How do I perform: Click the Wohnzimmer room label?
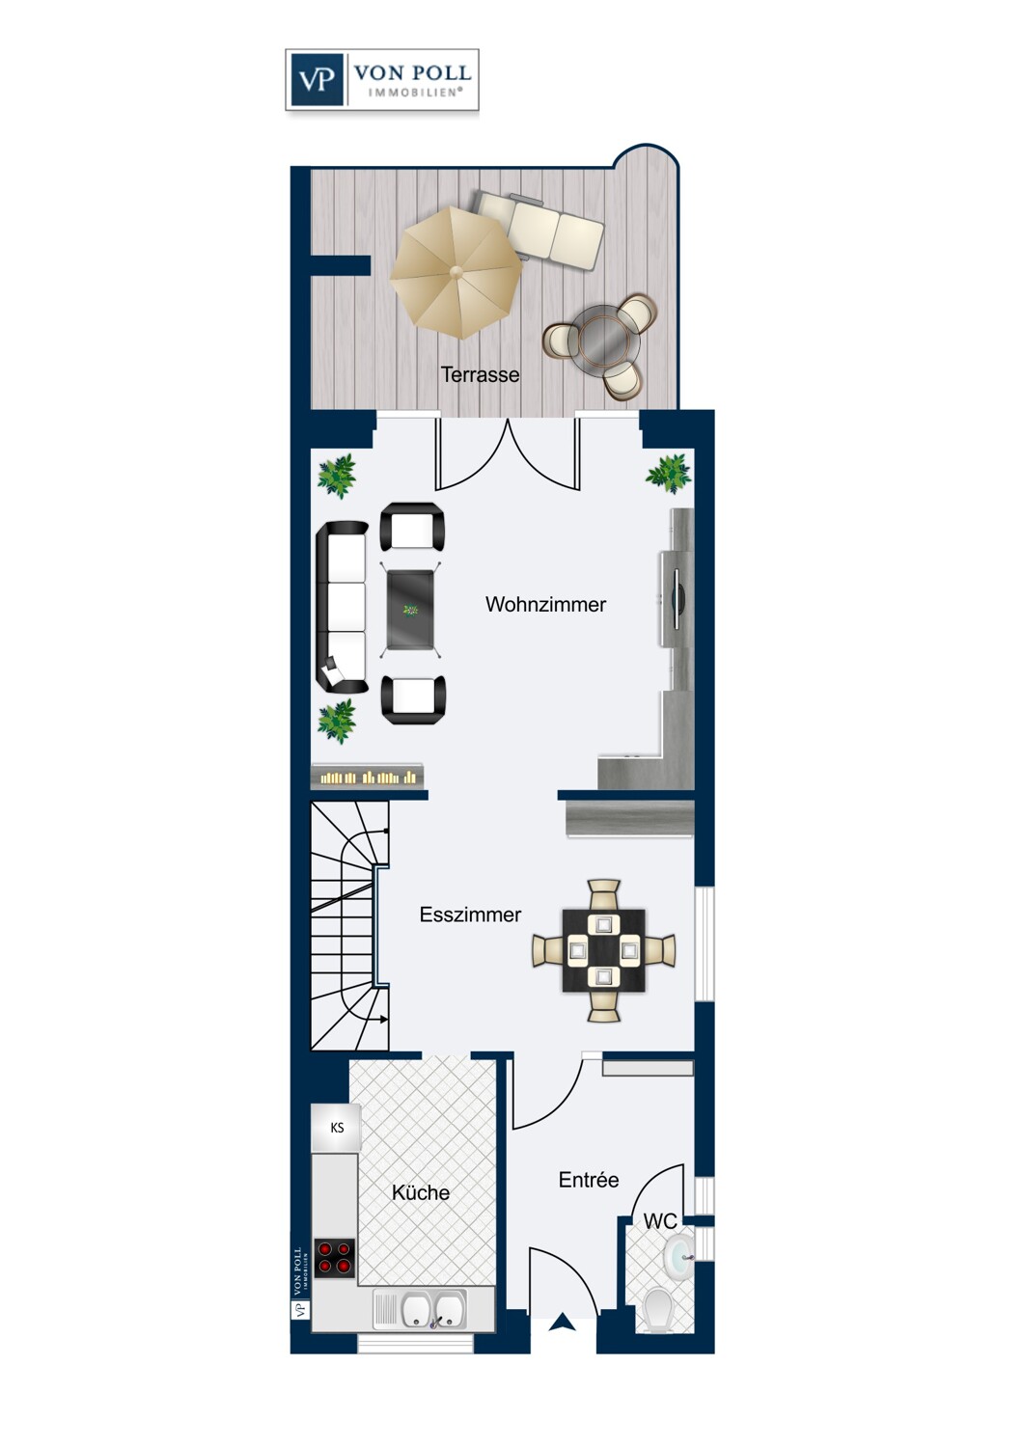pos(545,605)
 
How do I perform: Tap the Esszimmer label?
pos(470,915)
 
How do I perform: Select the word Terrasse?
pos(480,374)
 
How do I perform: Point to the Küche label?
pos(421,1192)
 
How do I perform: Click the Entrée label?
pos(589,1180)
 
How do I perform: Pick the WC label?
pos(660,1221)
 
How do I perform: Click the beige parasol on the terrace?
pos(456,273)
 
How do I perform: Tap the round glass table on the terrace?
pos(608,337)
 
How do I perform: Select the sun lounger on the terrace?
pos(539,230)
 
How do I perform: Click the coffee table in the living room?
pos(410,610)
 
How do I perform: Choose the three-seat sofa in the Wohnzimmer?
pos(342,607)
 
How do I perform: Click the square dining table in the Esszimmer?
pos(603,950)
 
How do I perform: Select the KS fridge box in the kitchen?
pos(336,1128)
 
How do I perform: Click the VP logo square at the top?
pos(317,79)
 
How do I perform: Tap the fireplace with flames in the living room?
pos(367,776)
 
